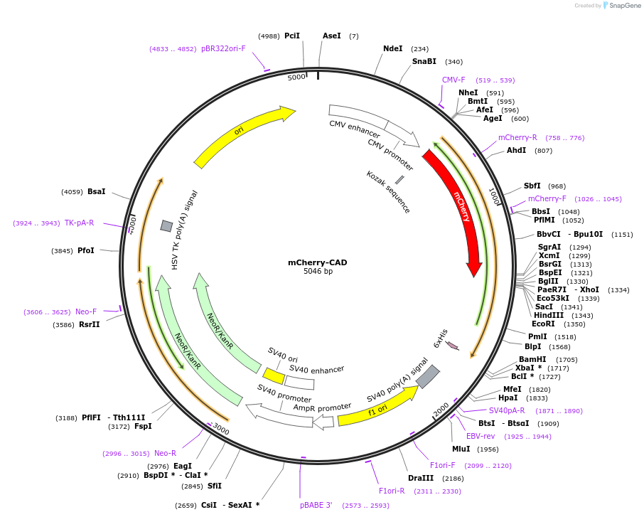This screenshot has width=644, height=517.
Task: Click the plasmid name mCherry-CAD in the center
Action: tap(318, 262)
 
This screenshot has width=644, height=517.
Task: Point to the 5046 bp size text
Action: tap(318, 272)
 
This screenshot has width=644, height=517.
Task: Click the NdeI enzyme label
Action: tap(392, 49)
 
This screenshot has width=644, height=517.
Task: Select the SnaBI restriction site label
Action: tap(424, 62)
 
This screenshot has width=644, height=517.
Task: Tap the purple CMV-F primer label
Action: tap(454, 80)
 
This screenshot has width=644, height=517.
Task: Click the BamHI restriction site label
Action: tap(532, 359)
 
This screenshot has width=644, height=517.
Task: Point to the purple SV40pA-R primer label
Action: tap(507, 410)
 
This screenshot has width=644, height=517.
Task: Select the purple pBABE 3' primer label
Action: tap(316, 505)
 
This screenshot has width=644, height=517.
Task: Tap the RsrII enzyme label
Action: tap(90, 325)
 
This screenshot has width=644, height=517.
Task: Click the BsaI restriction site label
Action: tap(97, 191)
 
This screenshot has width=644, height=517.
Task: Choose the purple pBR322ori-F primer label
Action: tap(223, 48)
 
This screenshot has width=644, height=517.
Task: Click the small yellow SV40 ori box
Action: tap(274, 374)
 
